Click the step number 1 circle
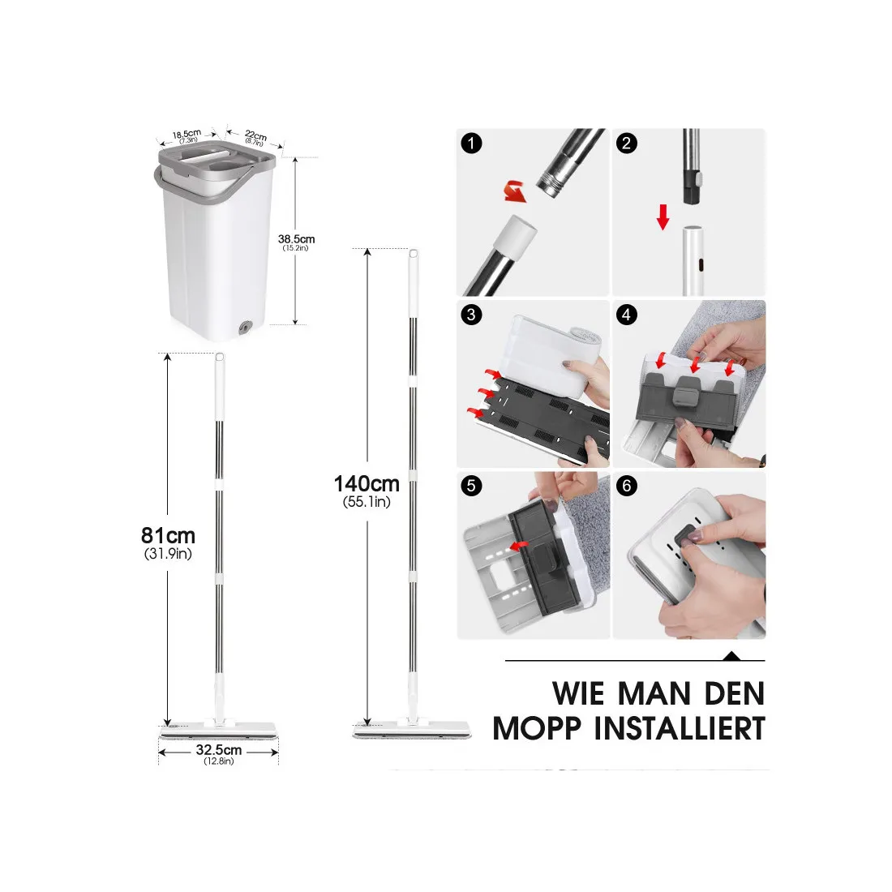[471, 143]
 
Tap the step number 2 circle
[627, 143]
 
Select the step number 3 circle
[471, 315]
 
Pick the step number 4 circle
[627, 315]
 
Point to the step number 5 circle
[471, 486]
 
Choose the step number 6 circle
[627, 486]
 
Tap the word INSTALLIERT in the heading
[680, 729]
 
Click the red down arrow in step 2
[663, 217]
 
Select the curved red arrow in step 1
[515, 191]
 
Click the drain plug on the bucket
[246, 327]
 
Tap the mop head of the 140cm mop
[412, 731]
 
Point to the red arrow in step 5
[519, 547]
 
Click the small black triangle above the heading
[731, 656]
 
